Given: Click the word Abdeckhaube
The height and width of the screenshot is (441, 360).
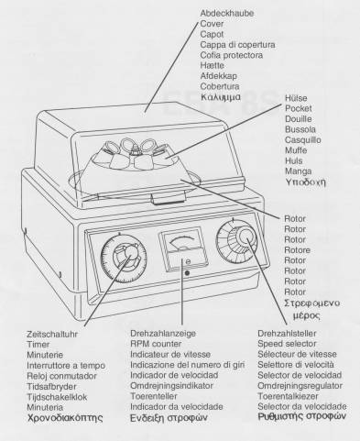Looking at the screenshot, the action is point(227,13).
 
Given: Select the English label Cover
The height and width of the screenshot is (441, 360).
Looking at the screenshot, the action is point(212,24).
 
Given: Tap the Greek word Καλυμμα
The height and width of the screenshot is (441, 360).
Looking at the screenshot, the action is point(221,97).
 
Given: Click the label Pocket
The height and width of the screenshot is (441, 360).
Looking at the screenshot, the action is point(299,108).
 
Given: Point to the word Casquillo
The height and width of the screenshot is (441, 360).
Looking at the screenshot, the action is point(303,140).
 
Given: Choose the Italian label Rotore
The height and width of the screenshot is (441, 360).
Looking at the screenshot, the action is point(297,250).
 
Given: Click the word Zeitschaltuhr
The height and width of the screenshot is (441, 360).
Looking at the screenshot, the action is point(52,334).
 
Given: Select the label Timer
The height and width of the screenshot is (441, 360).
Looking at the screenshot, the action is point(38,345).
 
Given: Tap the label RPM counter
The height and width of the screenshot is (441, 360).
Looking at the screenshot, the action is point(156,344).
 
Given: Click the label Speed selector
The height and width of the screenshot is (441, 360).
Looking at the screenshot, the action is point(287,344).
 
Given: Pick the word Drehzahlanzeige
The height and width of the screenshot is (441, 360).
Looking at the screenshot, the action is point(163,334).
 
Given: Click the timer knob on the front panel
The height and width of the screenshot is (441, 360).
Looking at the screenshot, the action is point(125,259).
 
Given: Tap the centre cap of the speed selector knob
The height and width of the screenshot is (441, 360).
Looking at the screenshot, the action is point(247,237).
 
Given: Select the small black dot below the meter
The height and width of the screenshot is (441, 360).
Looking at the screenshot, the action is point(188,272).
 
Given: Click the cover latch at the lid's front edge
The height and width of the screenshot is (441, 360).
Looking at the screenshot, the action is point(169,199).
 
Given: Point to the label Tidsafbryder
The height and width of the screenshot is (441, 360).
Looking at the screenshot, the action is point(51,387).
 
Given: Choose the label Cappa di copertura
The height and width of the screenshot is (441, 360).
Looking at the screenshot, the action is point(237,45).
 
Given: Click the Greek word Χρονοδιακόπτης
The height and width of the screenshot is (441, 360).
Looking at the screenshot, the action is point(65,418).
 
